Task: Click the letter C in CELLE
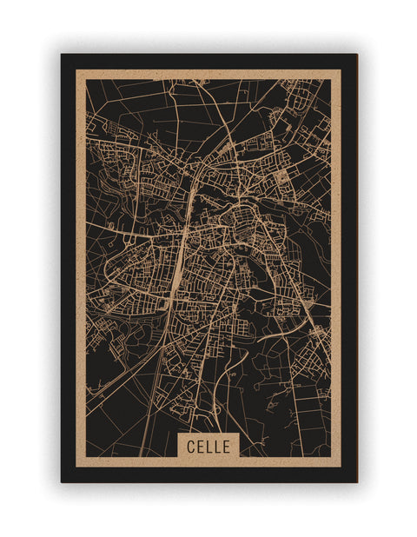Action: click(x=191, y=447)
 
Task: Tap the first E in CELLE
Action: click(x=200, y=447)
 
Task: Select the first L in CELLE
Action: click(x=208, y=447)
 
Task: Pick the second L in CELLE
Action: click(x=217, y=447)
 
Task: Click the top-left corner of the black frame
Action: click(x=62, y=55)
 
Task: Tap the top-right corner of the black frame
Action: click(x=356, y=55)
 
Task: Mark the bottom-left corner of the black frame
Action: click(x=62, y=481)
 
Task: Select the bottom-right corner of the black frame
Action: click(x=356, y=481)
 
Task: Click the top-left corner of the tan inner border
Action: click(x=76, y=70)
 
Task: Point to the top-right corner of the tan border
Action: click(x=341, y=70)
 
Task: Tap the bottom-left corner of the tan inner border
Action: click(x=76, y=467)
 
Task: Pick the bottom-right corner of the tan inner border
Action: click(x=341, y=467)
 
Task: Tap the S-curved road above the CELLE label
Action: click(x=219, y=382)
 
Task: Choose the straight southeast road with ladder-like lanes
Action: click(x=300, y=287)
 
